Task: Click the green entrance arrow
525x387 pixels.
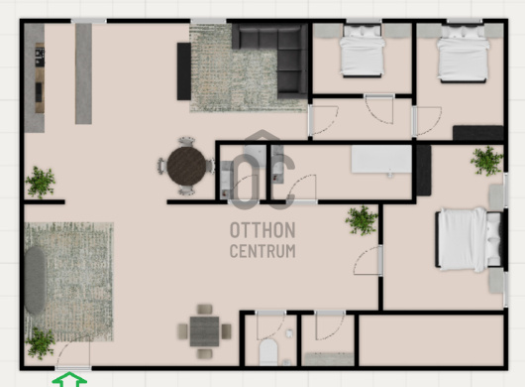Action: point(69,379)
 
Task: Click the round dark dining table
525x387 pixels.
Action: point(186,166)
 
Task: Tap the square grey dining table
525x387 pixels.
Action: point(205,331)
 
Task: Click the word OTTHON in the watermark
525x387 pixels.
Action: point(262,230)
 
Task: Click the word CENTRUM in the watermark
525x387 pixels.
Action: point(262,251)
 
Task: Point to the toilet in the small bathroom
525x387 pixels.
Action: point(268,352)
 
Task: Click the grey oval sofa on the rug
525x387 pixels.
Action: point(35,281)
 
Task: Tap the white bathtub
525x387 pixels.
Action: point(381,159)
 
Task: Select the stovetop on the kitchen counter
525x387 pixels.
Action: point(40,57)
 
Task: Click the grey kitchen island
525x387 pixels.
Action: point(83,73)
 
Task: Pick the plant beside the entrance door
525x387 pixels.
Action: point(41,342)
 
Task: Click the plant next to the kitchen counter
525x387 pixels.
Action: point(41,183)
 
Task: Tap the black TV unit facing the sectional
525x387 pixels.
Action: point(184,71)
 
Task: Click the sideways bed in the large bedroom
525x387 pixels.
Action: point(469,239)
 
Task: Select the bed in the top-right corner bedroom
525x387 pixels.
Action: point(463,54)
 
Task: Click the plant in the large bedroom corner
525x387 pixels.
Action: point(486,161)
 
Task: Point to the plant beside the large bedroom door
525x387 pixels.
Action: point(362,220)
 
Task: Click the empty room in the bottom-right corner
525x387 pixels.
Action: point(431,340)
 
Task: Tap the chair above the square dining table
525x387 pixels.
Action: point(205,309)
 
